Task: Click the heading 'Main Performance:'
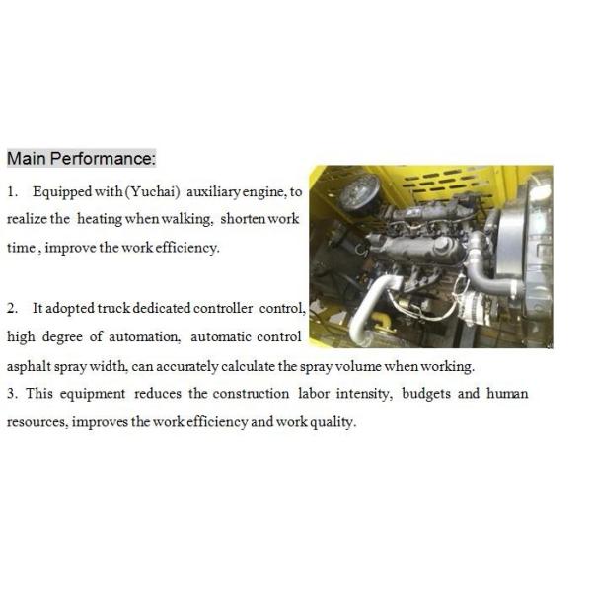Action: pyautogui.click(x=81, y=159)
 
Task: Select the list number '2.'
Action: pyautogui.click(x=13, y=309)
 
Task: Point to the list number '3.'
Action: pyautogui.click(x=13, y=394)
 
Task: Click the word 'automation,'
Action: pyautogui.click(x=146, y=337)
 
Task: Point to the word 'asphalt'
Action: pyautogui.click(x=29, y=366)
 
